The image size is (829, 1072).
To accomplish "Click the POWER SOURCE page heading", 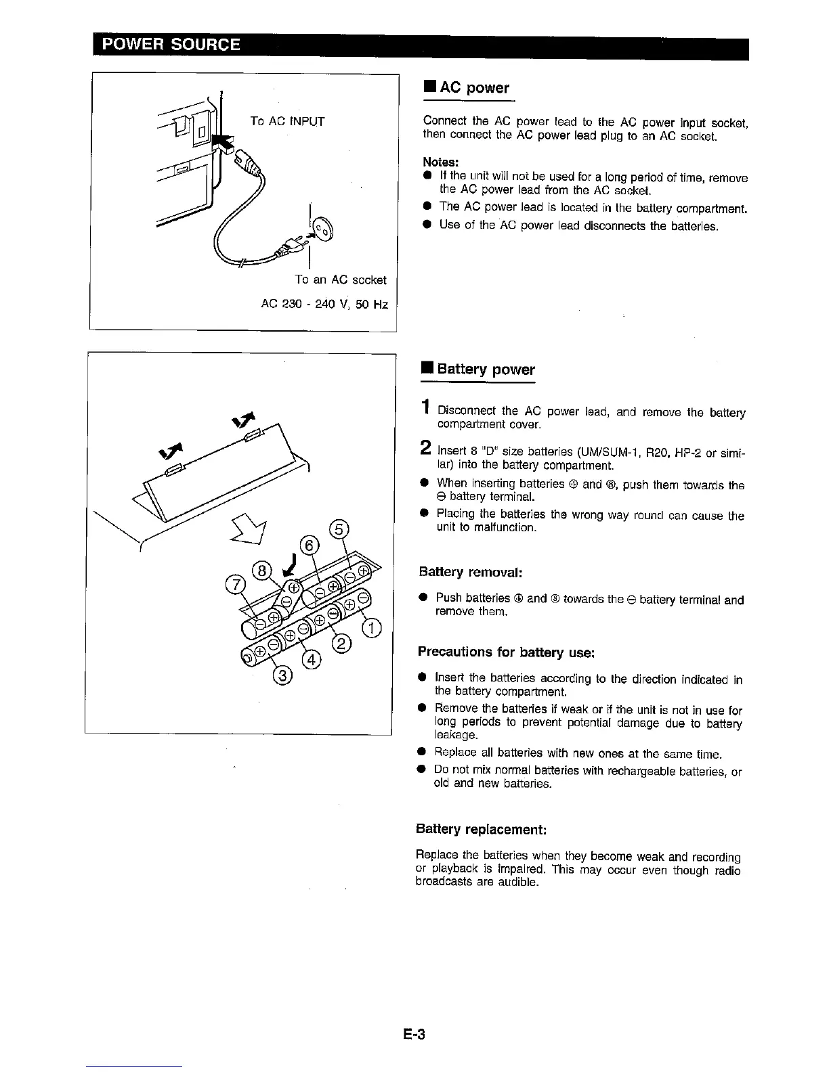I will (x=170, y=45).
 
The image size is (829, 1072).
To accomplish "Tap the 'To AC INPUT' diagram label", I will (x=286, y=122).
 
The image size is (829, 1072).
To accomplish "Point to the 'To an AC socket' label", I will (x=340, y=280).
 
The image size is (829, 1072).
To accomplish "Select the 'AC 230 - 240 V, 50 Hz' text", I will (x=324, y=305).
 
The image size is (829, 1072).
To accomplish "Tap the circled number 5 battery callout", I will (x=338, y=530).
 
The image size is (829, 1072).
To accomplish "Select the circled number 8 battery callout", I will (x=262, y=570).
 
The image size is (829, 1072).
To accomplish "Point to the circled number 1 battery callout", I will (x=372, y=629).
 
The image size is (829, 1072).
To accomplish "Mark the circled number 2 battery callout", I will (x=342, y=644).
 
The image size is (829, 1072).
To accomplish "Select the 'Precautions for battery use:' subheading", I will (x=506, y=652).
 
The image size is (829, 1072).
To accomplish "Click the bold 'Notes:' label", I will (x=441, y=163).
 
